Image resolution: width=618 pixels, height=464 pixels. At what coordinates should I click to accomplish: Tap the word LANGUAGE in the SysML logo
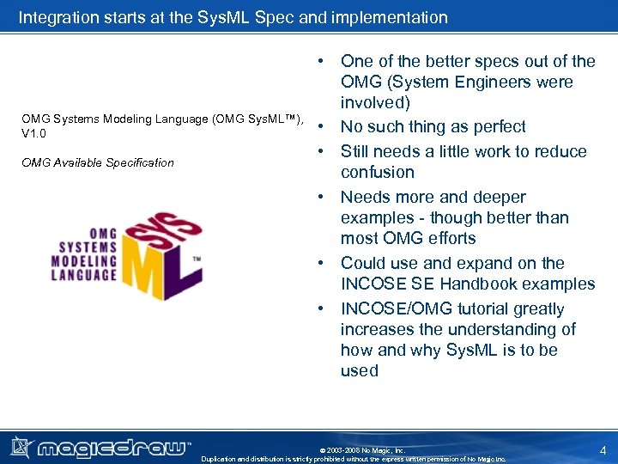(x=83, y=275)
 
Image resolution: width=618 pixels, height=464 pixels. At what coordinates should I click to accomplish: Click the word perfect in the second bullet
(x=493, y=127)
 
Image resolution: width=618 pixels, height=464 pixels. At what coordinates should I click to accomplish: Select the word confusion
(x=378, y=172)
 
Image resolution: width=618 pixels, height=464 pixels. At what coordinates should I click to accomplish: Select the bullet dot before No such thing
(x=319, y=127)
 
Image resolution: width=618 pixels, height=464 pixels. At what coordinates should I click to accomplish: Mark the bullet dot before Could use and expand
(x=319, y=263)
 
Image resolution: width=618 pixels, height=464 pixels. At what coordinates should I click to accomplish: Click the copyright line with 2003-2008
(x=361, y=449)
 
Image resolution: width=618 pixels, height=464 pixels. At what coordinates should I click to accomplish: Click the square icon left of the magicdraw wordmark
(x=20, y=446)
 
